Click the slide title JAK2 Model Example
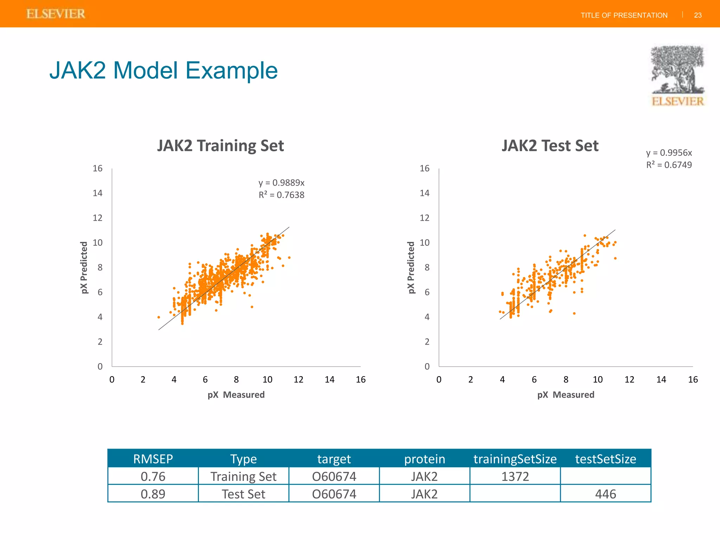[163, 70]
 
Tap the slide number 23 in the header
[697, 15]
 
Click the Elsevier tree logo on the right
[677, 75]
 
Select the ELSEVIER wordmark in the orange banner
[56, 14]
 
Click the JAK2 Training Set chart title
[220, 146]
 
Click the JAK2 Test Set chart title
[550, 146]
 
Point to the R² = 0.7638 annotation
[281, 195]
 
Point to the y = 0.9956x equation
[669, 153]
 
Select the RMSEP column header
[153, 459]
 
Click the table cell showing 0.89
[153, 494]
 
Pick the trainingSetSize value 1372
[515, 476]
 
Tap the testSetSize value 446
[605, 494]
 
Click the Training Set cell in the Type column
[243, 476]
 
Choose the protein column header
[424, 459]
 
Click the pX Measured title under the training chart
[236, 394]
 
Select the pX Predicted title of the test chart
[411, 268]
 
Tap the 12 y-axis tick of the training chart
[97, 218]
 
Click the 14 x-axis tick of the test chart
[661, 379]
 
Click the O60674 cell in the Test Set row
[334, 494]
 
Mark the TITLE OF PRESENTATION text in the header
[624, 15]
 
